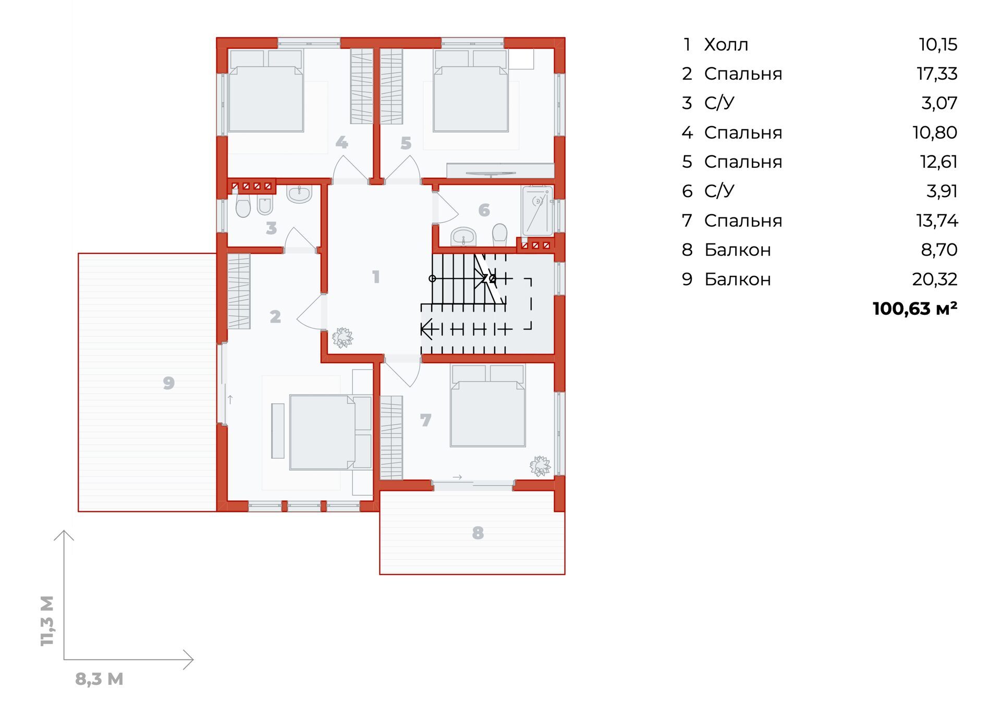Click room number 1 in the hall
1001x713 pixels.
tap(376, 277)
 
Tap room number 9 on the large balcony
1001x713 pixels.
tap(168, 383)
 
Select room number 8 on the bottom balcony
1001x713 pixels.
tap(478, 533)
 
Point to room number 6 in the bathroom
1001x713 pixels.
tap(484, 210)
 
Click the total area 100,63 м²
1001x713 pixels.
tap(915, 309)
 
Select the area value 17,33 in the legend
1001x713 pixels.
tap(937, 74)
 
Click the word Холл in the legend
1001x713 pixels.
tap(726, 45)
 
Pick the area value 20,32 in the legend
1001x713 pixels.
tap(935, 279)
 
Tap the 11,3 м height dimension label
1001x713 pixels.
tap(47, 621)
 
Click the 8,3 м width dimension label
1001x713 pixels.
tap(99, 679)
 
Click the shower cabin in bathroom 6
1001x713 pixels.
tap(537, 211)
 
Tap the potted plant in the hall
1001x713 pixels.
tap(342, 337)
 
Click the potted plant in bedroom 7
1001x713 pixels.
tap(540, 466)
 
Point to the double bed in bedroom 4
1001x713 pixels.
tap(265, 91)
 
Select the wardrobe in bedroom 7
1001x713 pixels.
tap(392, 438)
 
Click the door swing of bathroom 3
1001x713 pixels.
tap(300, 240)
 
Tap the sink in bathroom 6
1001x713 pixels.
tap(463, 236)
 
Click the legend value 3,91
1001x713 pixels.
tap(942, 191)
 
